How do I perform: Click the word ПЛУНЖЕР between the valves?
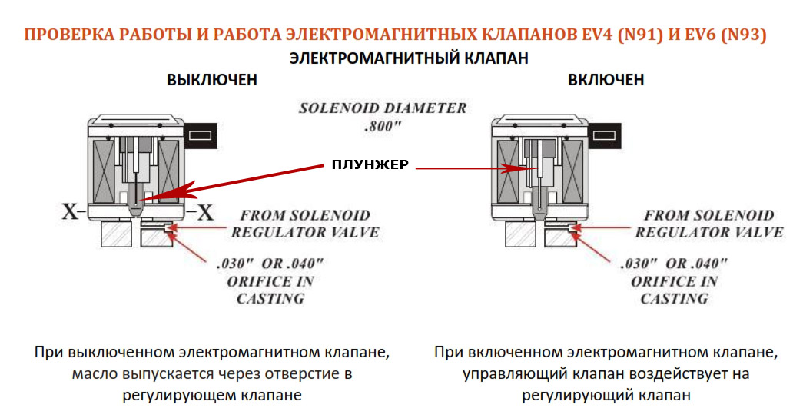(369, 164)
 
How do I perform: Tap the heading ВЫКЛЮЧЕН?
(211, 80)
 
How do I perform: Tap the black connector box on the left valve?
(199, 134)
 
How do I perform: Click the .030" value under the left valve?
(234, 263)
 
